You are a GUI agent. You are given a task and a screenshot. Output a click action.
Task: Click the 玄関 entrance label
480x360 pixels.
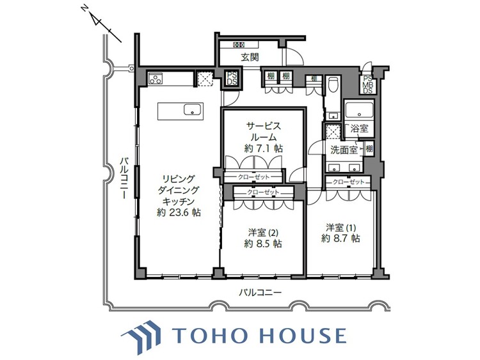250,58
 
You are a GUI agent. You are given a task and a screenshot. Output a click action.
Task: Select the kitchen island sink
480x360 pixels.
193,109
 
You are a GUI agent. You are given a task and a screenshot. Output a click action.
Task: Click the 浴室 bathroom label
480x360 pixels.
359,129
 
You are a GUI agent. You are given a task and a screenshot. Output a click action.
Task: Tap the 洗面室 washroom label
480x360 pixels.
343,150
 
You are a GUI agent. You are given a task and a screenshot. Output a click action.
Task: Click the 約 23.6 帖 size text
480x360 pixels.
179,213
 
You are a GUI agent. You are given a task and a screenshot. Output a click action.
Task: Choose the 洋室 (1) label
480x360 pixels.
340,227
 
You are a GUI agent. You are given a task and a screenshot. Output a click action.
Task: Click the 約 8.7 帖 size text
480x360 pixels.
340,239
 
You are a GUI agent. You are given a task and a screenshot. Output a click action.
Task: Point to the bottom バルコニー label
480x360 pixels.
260,292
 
